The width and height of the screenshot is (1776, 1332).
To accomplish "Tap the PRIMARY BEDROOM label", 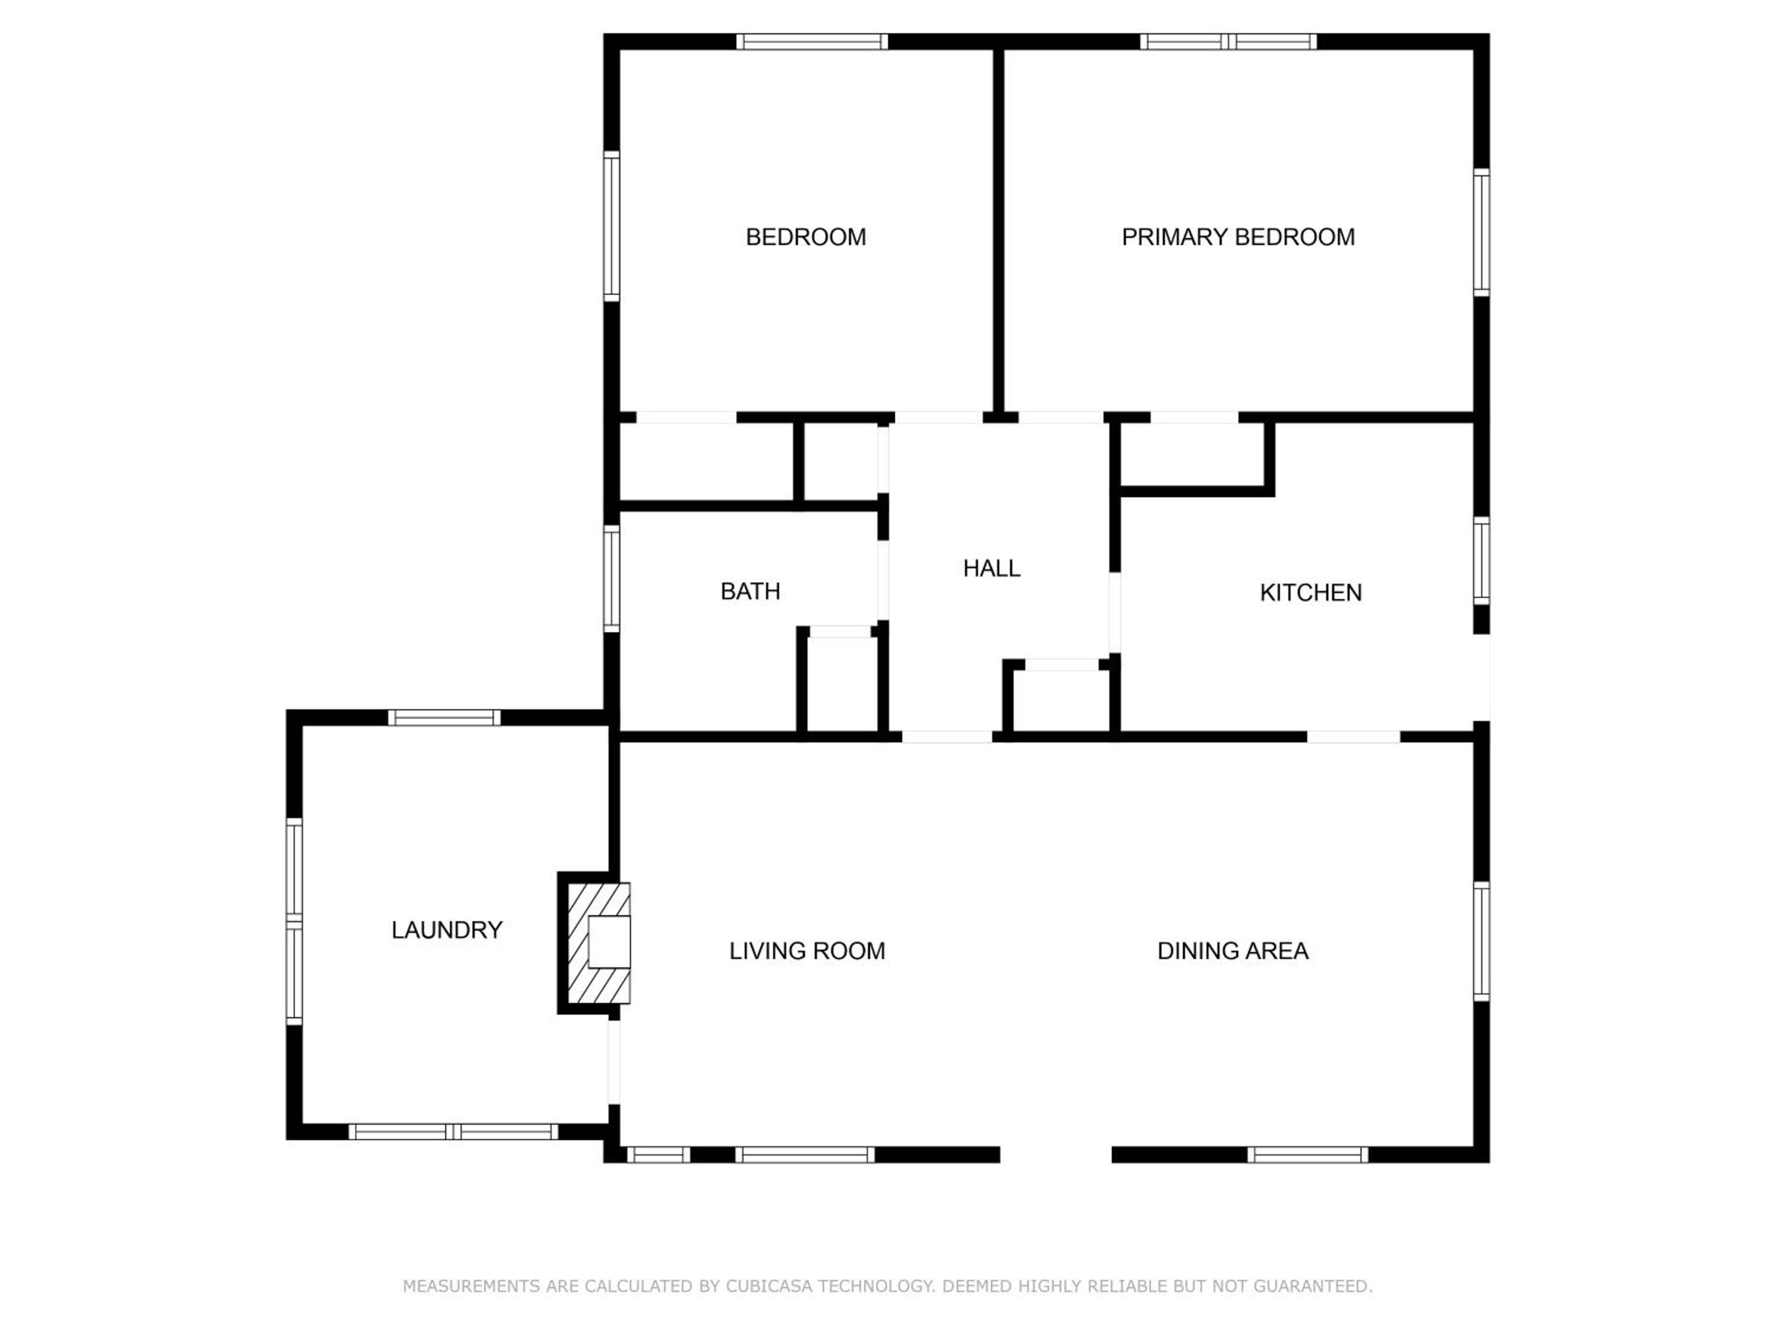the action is click(x=1238, y=237).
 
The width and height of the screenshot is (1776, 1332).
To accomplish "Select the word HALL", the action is click(x=992, y=568).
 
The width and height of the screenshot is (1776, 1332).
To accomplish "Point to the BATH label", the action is click(x=750, y=592).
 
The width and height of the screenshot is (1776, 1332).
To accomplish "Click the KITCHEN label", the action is click(x=1310, y=593).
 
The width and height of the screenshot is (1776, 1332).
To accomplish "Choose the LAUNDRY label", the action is click(x=446, y=930).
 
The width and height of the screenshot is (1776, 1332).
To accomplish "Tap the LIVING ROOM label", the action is click(x=807, y=951).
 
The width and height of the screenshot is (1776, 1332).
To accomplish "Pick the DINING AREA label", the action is click(x=1233, y=951).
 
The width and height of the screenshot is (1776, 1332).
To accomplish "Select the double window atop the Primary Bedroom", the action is click(x=1228, y=42).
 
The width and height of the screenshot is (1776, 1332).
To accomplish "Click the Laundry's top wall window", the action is click(x=445, y=718).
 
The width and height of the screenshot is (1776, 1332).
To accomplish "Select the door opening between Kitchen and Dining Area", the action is click(x=1354, y=737).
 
